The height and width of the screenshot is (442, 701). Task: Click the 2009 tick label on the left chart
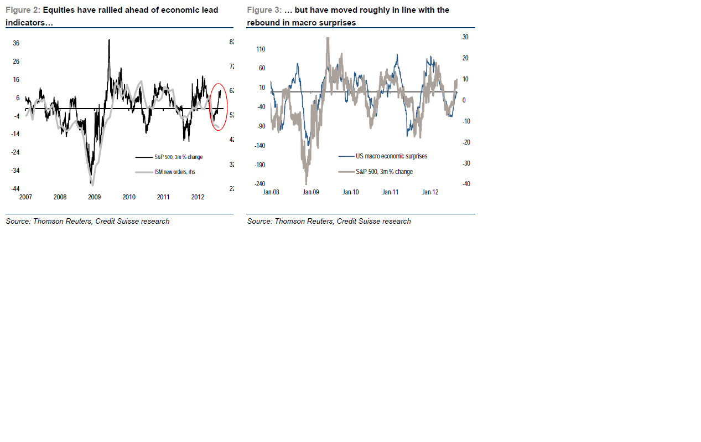coord(94,197)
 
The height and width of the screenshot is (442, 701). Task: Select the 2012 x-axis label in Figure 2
coord(198,197)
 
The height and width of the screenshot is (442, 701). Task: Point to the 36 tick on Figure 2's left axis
coord(16,43)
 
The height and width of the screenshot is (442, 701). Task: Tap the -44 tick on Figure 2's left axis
coord(15,189)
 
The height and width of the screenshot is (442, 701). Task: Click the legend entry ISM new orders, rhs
coord(174,172)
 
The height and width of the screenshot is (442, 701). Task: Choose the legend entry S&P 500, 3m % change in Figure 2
coord(178,157)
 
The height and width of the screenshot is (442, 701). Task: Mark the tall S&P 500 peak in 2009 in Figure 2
coord(109,40)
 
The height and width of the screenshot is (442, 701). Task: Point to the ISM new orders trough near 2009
coord(92,184)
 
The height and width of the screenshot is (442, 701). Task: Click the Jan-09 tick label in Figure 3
coord(311,192)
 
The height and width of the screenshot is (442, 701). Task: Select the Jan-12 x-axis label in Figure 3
coord(430,192)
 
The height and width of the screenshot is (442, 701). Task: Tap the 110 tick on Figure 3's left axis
coord(260,49)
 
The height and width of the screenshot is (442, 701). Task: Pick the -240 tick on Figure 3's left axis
coord(259,184)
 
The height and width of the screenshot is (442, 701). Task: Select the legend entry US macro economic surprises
coord(391,156)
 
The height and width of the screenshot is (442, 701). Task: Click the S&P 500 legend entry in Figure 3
coord(384,172)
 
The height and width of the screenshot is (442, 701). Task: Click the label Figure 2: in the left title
coord(23,10)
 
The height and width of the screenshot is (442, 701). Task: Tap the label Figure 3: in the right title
coord(264,10)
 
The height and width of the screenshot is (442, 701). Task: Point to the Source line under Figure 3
coord(329,221)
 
